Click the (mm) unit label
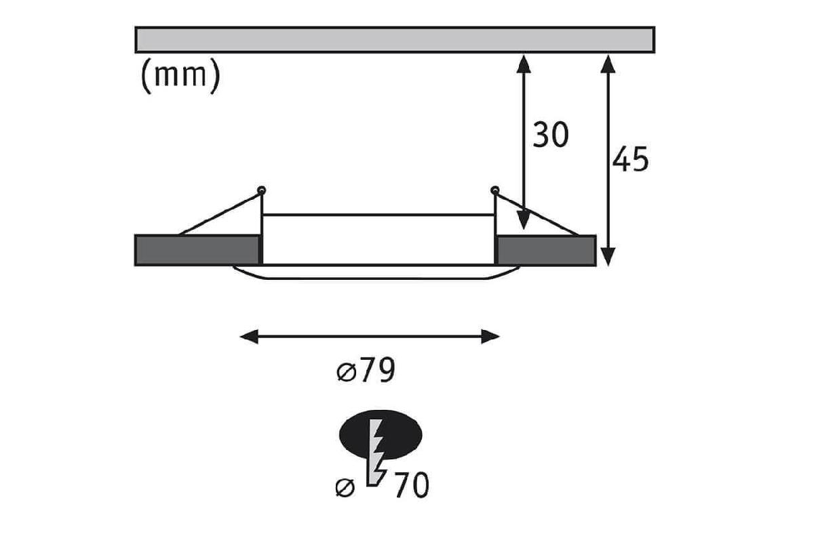180,76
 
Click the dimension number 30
549,135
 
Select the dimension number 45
630,159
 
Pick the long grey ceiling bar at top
395,39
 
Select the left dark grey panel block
197,249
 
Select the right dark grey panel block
546,249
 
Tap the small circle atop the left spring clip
262,190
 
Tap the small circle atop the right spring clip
495,190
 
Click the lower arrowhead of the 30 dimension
523,221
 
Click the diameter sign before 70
345,487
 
